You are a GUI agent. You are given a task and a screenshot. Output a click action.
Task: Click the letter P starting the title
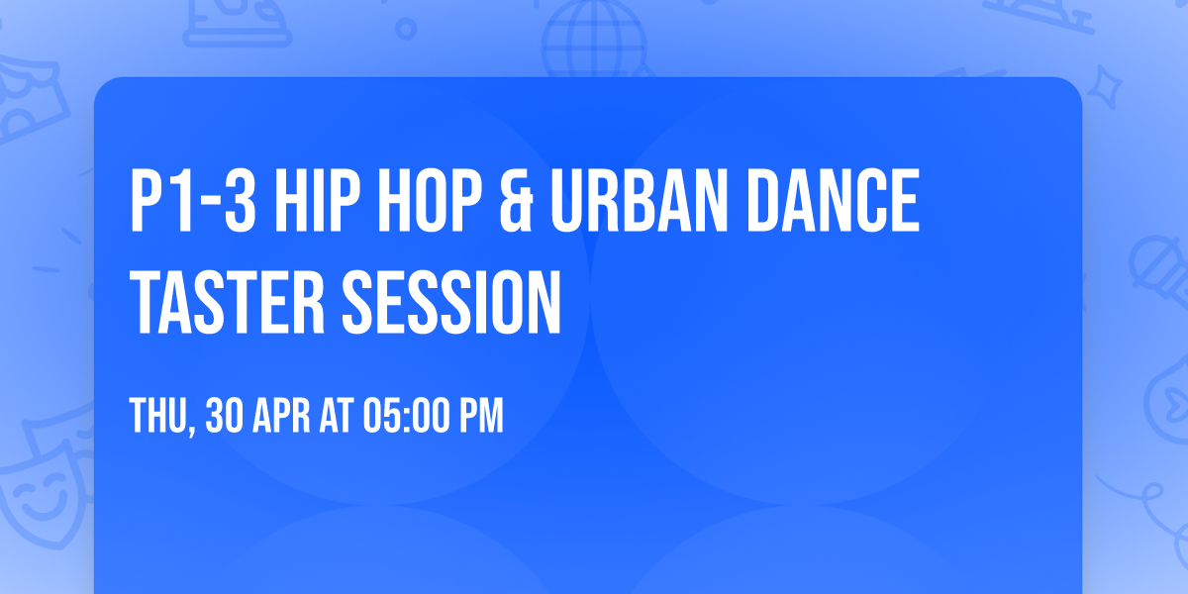pyautogui.click(x=148, y=201)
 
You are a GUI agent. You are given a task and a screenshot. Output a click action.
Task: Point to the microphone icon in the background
pyautogui.click(x=1158, y=267)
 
